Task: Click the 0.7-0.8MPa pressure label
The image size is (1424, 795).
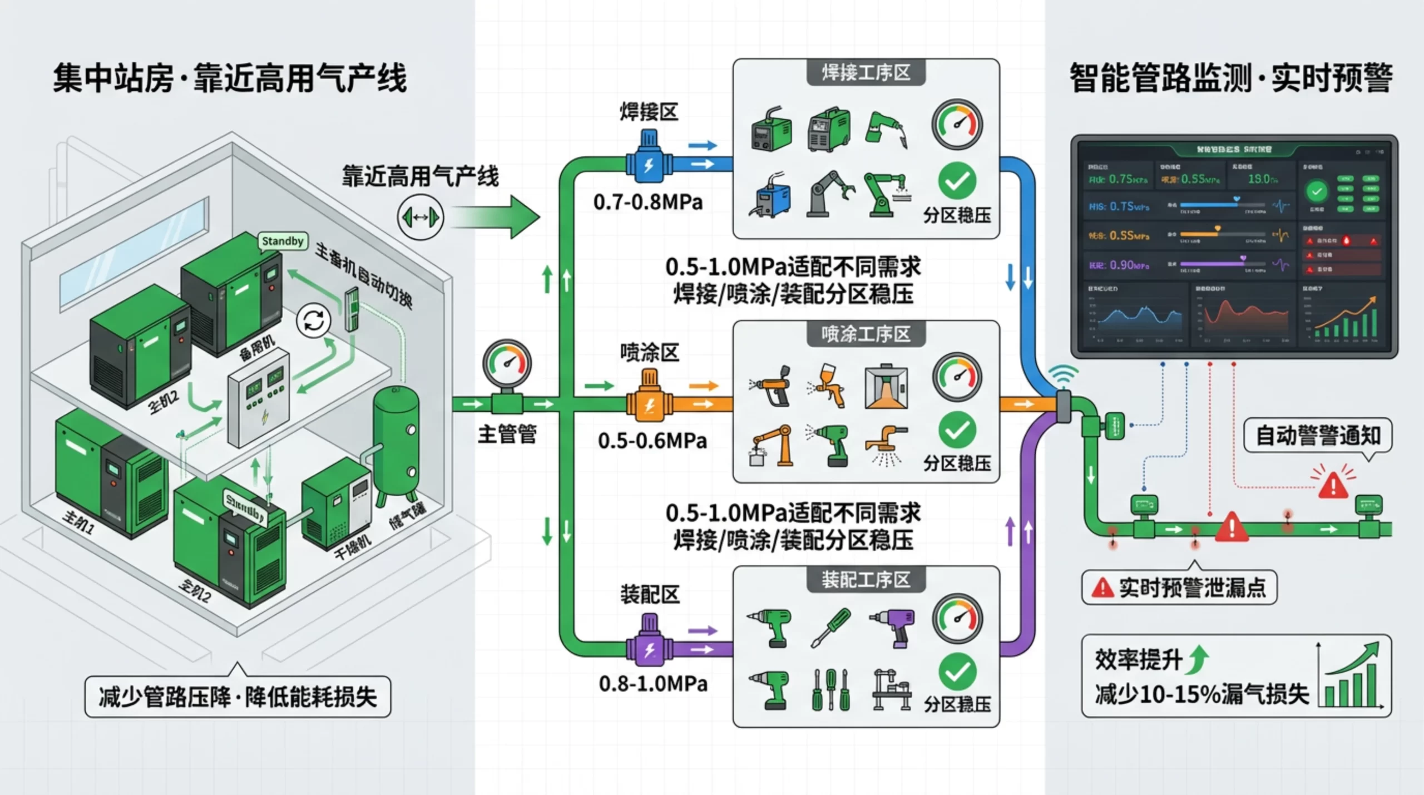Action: tap(648, 202)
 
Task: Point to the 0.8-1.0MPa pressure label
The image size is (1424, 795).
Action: tap(653, 683)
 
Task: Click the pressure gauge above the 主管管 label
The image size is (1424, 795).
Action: tap(507, 365)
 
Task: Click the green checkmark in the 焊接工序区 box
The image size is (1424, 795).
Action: tap(957, 181)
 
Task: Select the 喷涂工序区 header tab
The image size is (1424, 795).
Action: tap(866, 334)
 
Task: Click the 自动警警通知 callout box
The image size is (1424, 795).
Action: tap(1317, 436)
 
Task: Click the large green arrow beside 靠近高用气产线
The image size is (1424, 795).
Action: tap(495, 217)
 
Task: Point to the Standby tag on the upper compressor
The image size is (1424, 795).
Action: tap(283, 241)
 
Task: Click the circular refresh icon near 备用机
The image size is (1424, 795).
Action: tap(313, 321)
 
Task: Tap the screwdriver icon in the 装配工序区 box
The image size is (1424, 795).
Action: tap(830, 628)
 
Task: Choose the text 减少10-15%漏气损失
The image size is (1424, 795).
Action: tap(1201, 694)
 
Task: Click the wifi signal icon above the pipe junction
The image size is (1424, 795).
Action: tap(1063, 376)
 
